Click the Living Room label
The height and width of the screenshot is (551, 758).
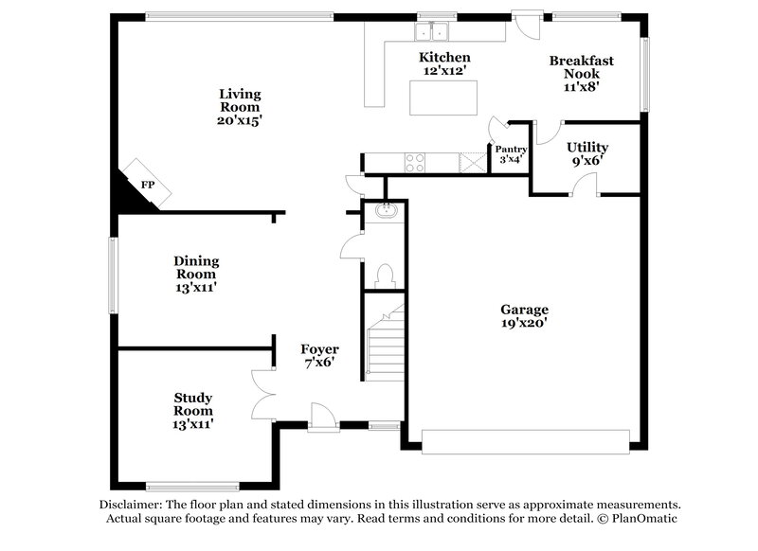[x=240, y=107]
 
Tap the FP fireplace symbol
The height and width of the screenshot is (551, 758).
[x=147, y=184]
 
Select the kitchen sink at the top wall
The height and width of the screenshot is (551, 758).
[x=435, y=32]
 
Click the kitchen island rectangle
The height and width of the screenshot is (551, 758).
[x=442, y=98]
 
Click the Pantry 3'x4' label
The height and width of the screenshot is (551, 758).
[x=511, y=154]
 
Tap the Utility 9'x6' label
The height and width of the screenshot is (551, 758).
[x=587, y=154]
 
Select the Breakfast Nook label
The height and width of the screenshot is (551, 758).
[x=581, y=73]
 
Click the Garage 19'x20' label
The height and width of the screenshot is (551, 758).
[x=525, y=316]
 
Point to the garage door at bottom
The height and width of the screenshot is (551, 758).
[x=525, y=441]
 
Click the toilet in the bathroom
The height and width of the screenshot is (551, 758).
[x=385, y=275]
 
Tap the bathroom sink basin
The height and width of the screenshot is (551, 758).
[x=385, y=210]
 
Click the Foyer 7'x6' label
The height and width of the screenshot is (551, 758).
[x=319, y=356]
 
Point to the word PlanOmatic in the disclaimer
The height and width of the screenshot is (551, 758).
[x=643, y=519]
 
